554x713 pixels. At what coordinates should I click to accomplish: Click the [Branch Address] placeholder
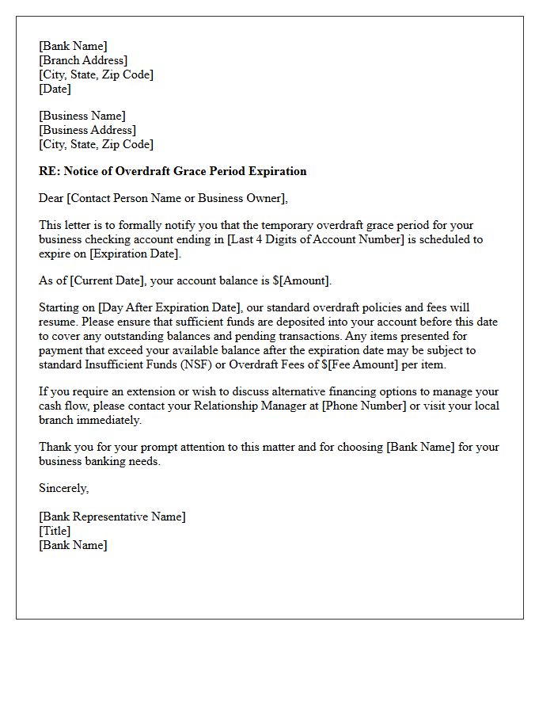tap(83, 60)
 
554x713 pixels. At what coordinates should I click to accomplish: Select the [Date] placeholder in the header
tap(55, 89)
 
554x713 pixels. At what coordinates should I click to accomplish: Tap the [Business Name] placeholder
tap(82, 116)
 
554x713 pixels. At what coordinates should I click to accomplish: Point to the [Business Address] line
tap(88, 130)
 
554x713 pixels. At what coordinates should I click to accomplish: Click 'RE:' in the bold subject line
tap(48, 171)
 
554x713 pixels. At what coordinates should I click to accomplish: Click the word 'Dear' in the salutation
tap(51, 198)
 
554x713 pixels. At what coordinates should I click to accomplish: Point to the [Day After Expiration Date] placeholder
tap(169, 307)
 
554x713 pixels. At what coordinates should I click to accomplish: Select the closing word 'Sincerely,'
tap(64, 488)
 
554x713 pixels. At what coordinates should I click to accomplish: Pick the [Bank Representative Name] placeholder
tap(112, 517)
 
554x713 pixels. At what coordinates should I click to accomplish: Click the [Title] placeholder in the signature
tap(55, 531)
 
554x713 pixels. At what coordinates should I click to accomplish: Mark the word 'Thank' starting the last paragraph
tap(55, 447)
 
